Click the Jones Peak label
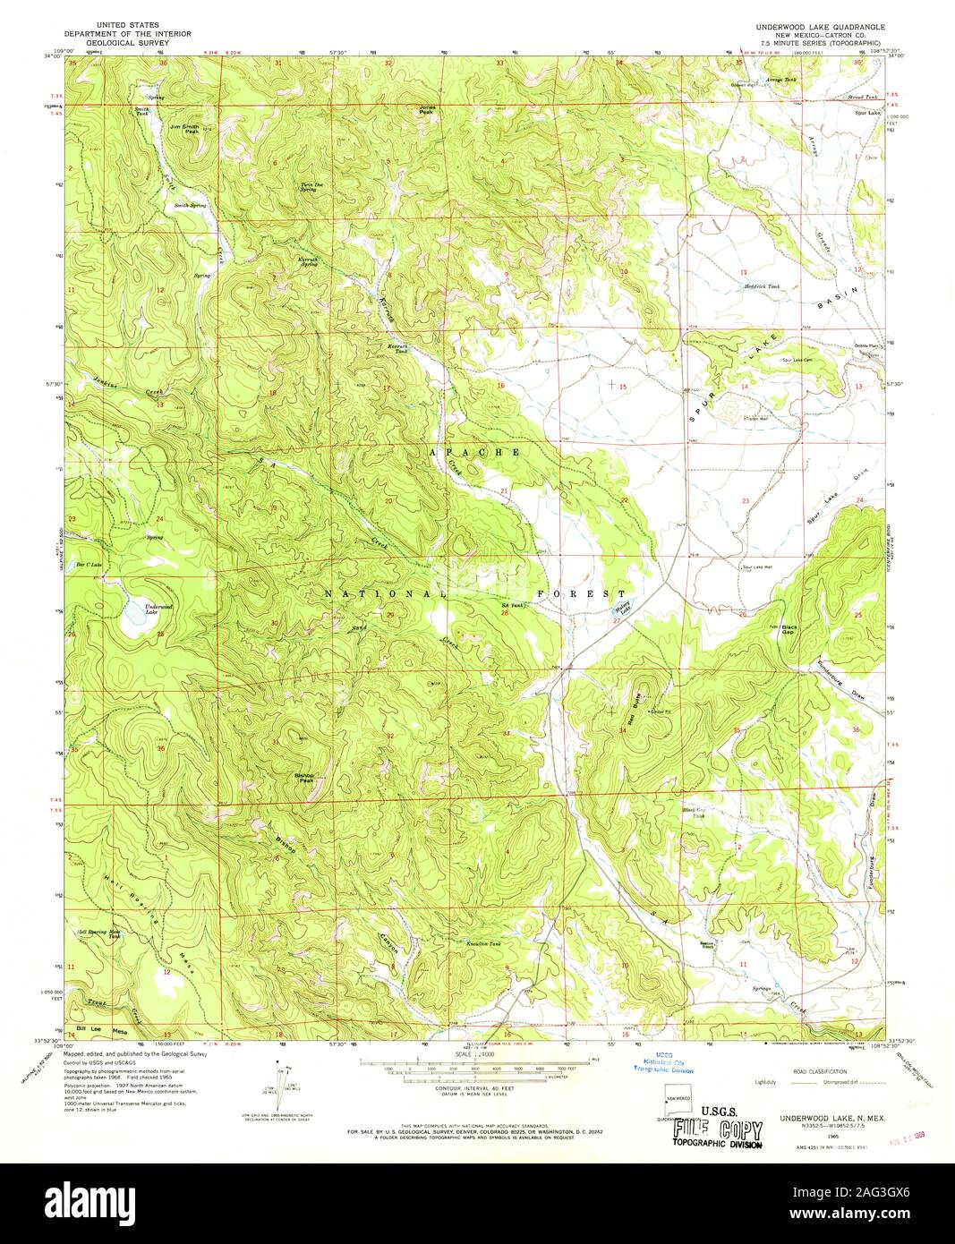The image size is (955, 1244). pyautogui.click(x=427, y=110)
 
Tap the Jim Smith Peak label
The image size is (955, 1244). pyautogui.click(x=185, y=128)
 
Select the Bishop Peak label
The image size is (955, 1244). pyautogui.click(x=305, y=778)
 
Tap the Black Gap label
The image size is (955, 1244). pyautogui.click(x=789, y=629)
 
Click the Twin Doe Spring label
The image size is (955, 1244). pyautogui.click(x=308, y=187)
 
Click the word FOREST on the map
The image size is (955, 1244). pyautogui.click(x=582, y=594)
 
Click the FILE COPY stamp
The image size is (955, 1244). pyautogui.click(x=719, y=1130)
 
